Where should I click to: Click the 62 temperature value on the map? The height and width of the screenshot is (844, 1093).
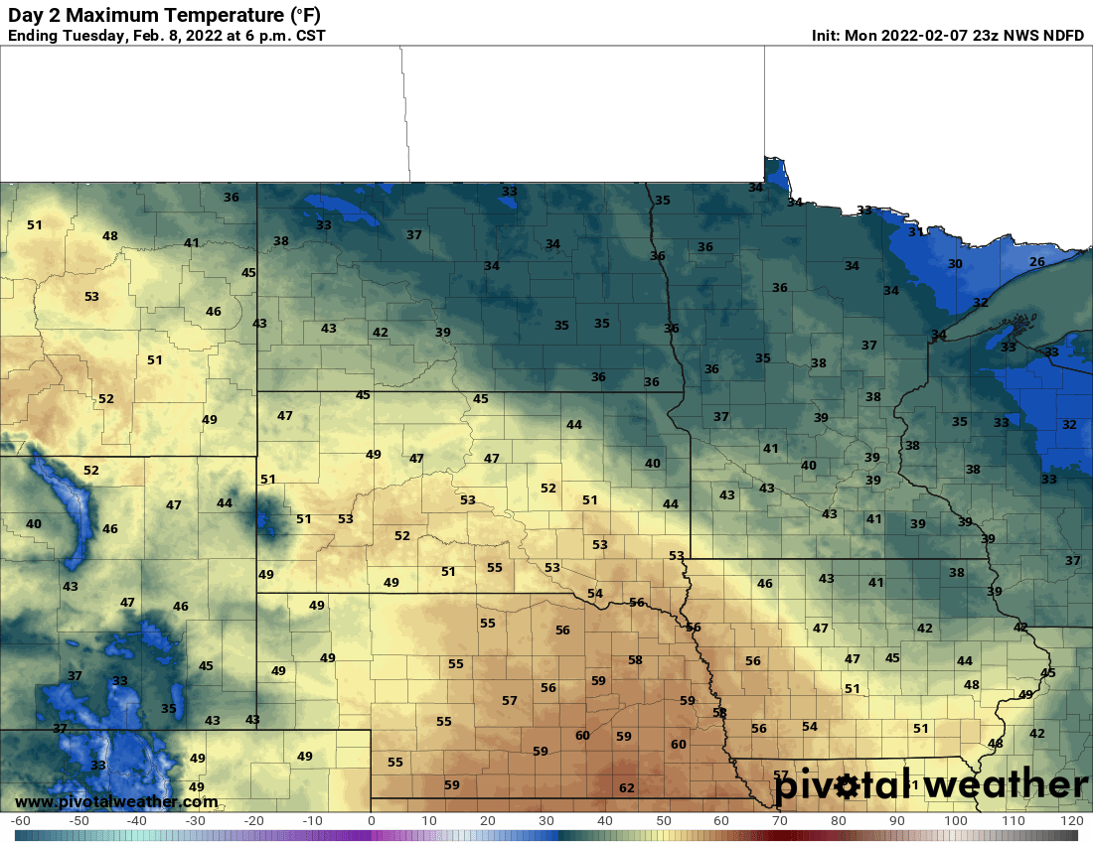pyautogui.click(x=626, y=788)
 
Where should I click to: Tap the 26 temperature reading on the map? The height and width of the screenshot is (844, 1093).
pyautogui.click(x=1036, y=262)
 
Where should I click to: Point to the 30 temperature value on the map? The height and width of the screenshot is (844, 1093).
pyautogui.click(x=955, y=264)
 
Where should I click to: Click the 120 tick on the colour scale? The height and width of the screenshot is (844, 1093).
pyautogui.click(x=1071, y=821)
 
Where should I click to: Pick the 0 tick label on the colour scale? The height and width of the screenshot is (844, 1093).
pyautogui.click(x=372, y=821)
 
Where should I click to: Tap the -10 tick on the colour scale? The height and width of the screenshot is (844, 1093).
pyautogui.click(x=312, y=821)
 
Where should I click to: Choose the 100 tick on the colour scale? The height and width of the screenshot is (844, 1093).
pyautogui.click(x=955, y=821)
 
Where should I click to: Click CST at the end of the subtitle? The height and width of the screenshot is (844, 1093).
pyautogui.click(x=309, y=36)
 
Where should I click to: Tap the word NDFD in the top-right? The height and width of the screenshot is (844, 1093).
pyautogui.click(x=1063, y=36)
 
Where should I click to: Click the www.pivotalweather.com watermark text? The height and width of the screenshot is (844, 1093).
pyautogui.click(x=116, y=801)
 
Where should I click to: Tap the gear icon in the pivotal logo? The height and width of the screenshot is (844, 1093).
pyautogui.click(x=847, y=787)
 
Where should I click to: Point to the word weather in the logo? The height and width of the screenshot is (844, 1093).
pyautogui.click(x=1004, y=785)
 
